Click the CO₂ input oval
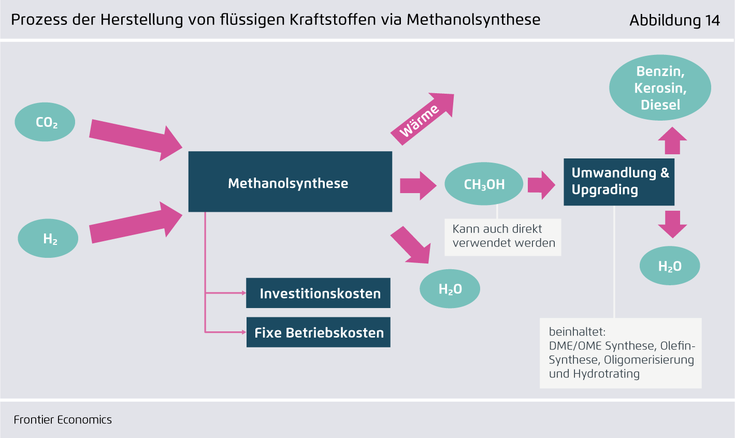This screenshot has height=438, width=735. point(45,122)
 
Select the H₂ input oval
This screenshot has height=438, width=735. point(48,238)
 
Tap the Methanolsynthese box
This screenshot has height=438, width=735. point(290,181)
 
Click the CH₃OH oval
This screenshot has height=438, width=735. point(484,184)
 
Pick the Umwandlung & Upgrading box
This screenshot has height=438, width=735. point(619,182)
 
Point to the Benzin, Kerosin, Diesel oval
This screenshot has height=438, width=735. point(660,87)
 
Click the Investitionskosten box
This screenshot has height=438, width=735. point(318,293)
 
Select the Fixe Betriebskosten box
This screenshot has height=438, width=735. point(318,332)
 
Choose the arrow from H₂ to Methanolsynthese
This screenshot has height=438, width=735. point(136,222)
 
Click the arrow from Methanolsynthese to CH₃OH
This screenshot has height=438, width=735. point(418,185)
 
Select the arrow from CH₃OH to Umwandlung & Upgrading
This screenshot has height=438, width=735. point(541,185)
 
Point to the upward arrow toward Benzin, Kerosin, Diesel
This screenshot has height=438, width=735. point(672,140)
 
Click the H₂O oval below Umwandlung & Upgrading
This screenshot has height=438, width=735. point(670,266)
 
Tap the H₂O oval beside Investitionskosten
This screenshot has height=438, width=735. point(450,289)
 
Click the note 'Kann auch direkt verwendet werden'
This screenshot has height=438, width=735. point(503,236)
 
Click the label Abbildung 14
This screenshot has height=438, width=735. point(674,20)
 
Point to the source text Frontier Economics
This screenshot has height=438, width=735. point(63,420)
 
